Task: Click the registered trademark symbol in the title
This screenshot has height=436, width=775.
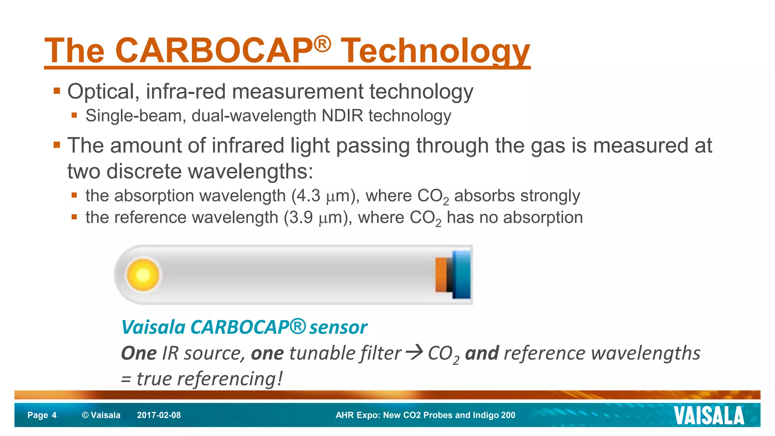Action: (x=322, y=44)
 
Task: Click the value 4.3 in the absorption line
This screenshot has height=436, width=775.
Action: (x=308, y=196)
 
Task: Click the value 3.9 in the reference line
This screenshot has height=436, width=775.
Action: (x=301, y=218)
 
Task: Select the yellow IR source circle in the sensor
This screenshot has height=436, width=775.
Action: (x=143, y=275)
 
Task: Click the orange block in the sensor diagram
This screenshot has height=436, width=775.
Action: (x=441, y=275)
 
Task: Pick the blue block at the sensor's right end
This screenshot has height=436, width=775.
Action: (x=462, y=275)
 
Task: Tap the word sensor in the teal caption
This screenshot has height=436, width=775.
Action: (x=338, y=327)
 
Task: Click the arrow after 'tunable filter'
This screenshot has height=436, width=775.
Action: (x=414, y=353)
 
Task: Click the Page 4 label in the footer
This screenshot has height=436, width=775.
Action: (x=42, y=415)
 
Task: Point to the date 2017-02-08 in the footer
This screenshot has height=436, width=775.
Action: (x=159, y=415)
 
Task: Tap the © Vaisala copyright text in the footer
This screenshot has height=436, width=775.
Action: (x=101, y=415)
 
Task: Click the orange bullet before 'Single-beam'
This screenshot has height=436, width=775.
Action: (x=74, y=115)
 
